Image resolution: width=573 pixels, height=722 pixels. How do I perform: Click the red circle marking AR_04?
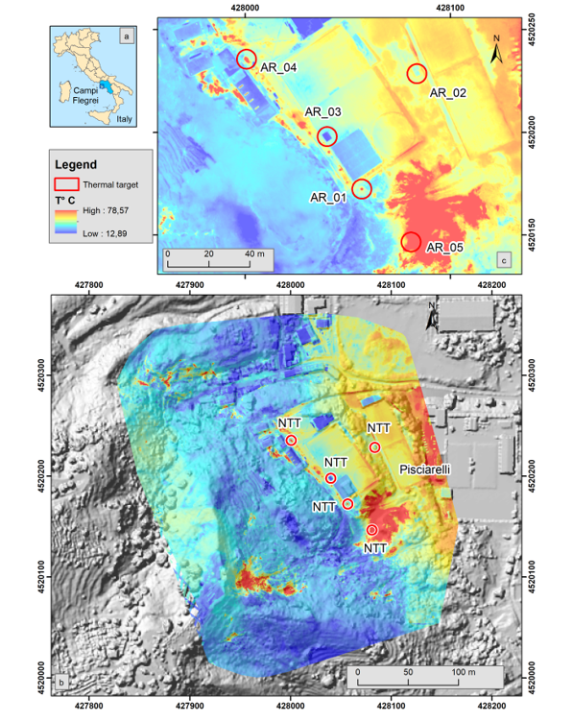(247, 59)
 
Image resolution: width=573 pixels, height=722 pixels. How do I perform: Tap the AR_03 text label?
(322, 112)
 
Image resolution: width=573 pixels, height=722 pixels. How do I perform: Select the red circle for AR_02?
(417, 73)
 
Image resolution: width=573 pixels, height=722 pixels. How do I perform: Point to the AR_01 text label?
(327, 198)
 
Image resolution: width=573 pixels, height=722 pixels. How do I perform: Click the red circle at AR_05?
(412, 241)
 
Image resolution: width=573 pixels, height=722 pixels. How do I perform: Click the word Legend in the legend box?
(76, 164)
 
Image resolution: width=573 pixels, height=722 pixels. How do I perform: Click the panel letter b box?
(61, 684)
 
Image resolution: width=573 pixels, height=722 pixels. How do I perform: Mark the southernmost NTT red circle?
(371, 530)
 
